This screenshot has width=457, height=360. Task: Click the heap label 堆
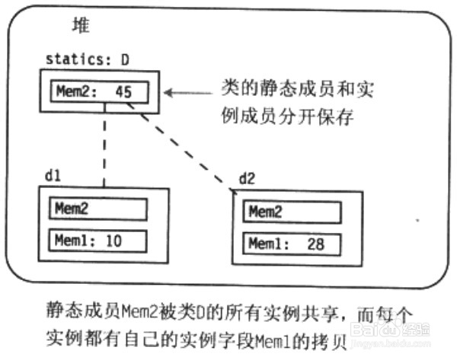80,27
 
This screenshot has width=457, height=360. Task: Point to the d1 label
53,175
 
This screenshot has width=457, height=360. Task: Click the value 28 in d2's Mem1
315,244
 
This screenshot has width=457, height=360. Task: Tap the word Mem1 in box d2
267,244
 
